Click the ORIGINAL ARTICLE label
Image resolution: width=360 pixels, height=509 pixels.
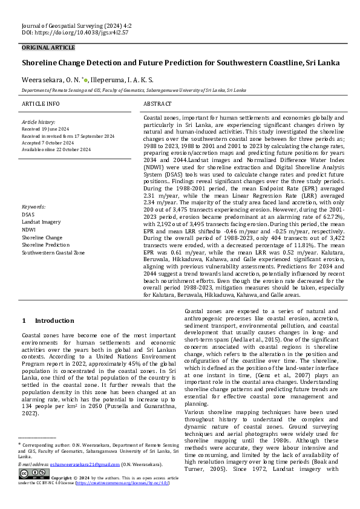point(48,48)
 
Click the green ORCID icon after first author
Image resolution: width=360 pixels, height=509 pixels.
point(87,79)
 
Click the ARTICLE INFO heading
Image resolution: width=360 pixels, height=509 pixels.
point(41,104)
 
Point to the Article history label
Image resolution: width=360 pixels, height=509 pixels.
point(38,122)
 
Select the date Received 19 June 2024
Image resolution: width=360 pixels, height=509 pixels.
point(48,129)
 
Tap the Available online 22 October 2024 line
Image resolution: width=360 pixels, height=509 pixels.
point(56,149)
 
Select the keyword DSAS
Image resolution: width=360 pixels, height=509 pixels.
point(28,214)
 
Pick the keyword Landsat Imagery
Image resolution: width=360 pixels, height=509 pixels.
point(41,222)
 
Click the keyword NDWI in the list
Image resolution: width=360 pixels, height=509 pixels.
point(29,230)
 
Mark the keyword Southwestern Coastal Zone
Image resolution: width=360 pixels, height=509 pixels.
point(53,253)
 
